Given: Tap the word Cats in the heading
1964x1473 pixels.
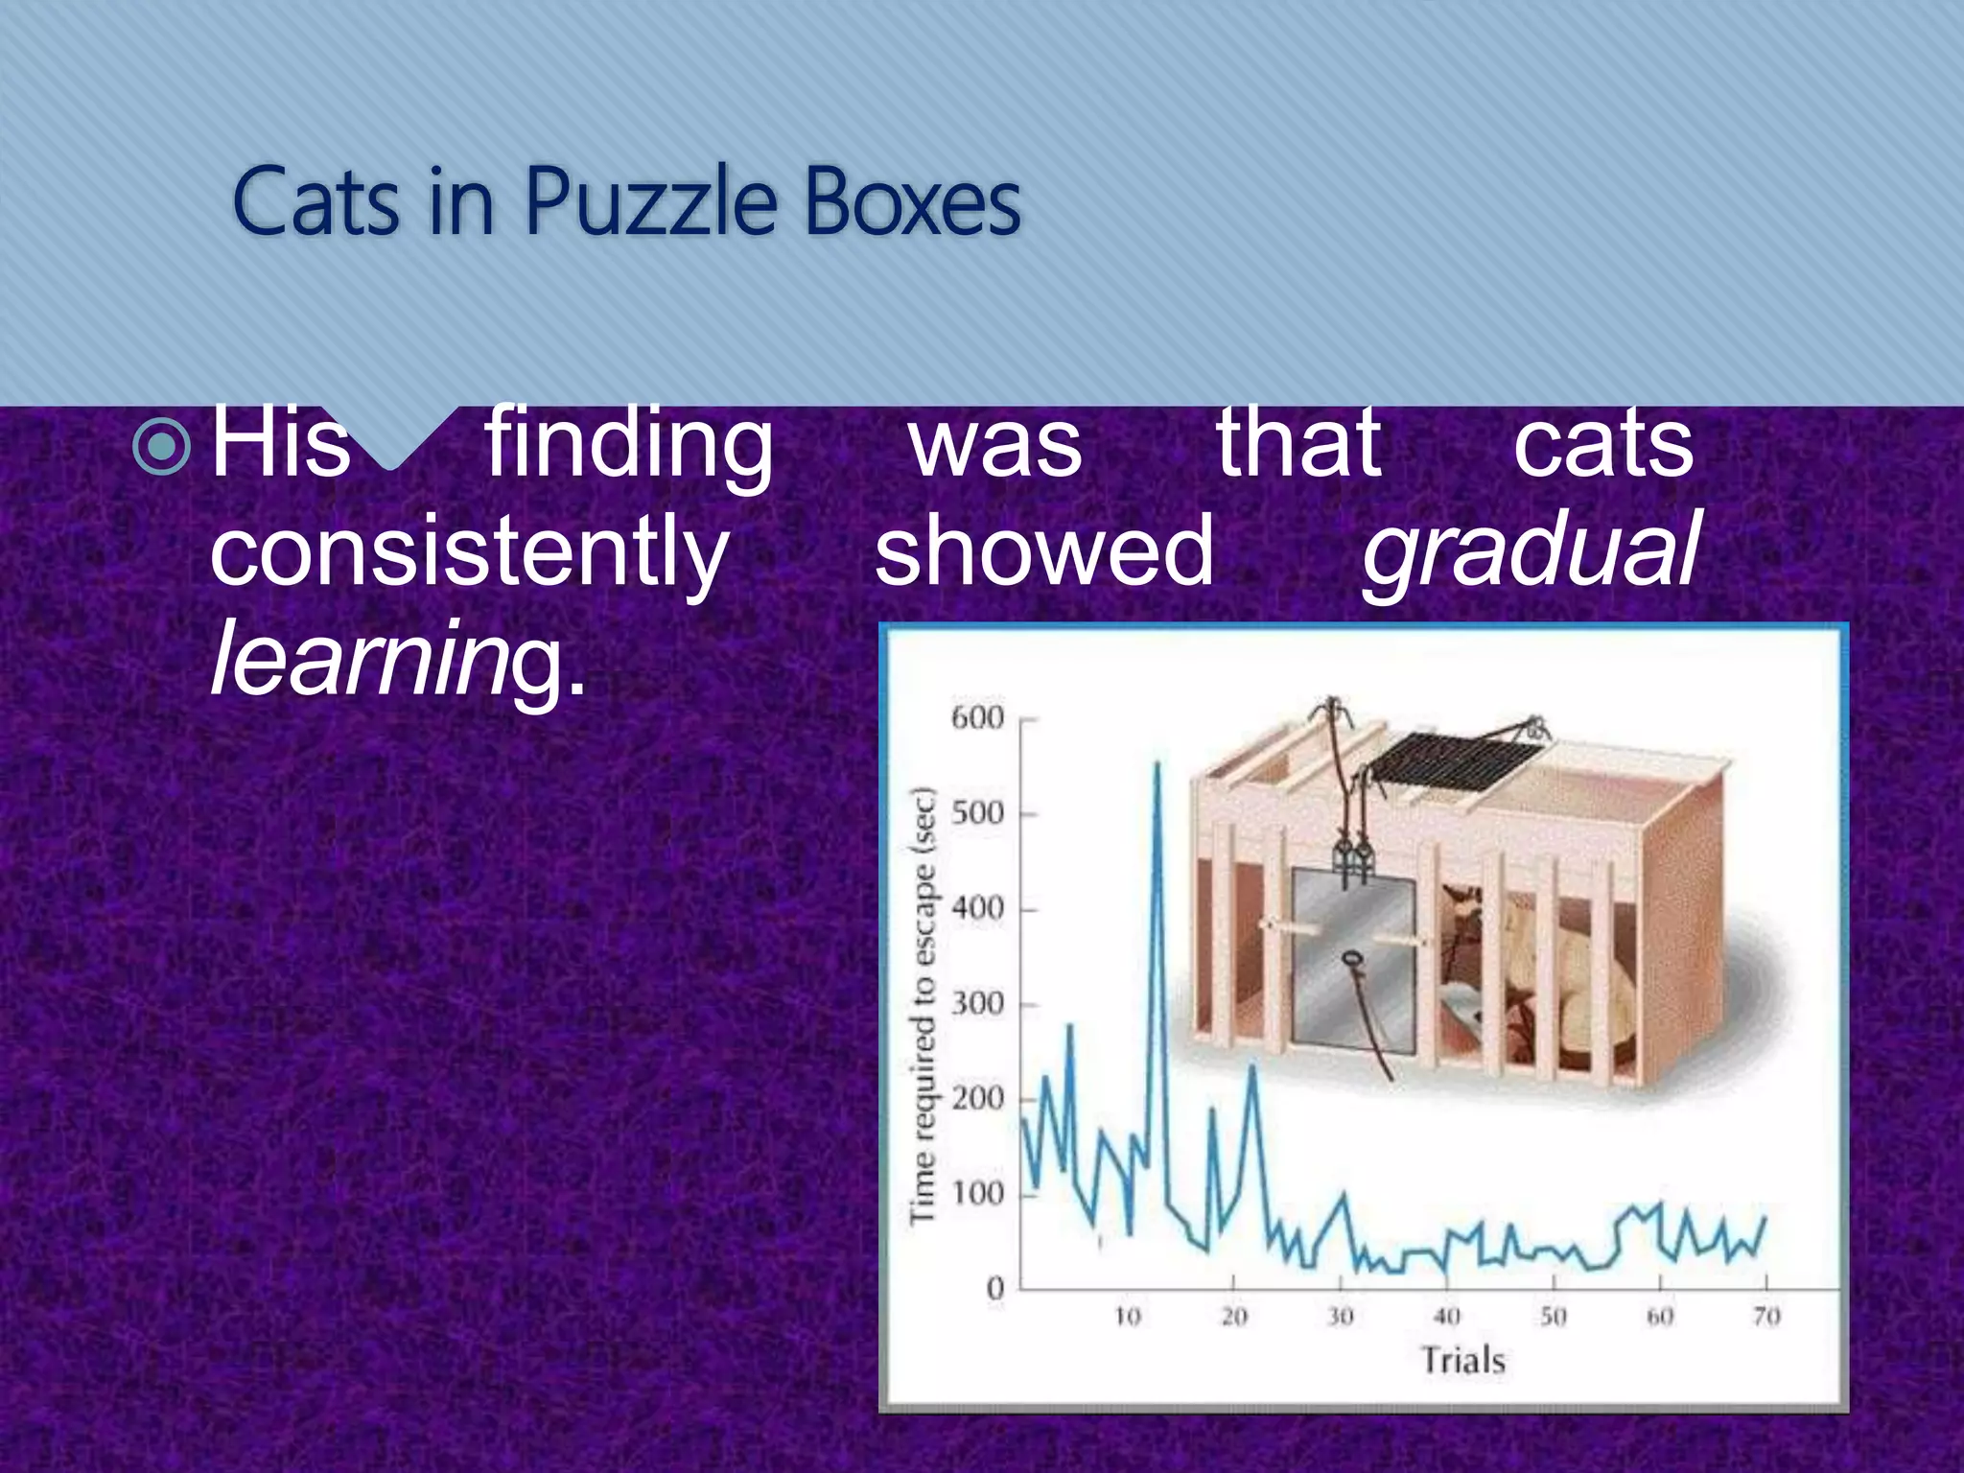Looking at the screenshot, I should pos(316,202).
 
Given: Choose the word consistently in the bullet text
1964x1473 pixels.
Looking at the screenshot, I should pos(469,552).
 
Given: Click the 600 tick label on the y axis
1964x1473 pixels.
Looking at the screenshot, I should pos(976,717).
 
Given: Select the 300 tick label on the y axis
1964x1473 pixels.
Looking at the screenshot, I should pos(976,1004).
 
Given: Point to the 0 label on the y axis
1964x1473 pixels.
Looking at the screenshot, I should pos(994,1288).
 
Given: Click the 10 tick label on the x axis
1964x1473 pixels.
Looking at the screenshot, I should pos(1128,1317).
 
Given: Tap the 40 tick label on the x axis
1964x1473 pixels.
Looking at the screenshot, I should pos(1447,1317).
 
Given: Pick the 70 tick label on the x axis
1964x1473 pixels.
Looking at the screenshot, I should pos(1766,1317).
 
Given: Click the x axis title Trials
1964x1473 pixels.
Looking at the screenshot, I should pos(1462,1361).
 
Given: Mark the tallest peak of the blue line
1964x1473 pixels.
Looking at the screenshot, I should pos(1157,764).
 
